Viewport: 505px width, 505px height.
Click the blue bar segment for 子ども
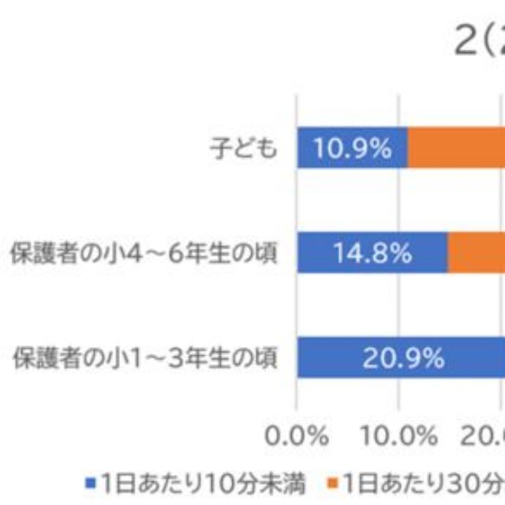352,148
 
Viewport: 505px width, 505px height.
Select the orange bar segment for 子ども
456,148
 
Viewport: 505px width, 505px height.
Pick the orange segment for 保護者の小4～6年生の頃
477,253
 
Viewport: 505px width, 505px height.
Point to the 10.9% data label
352,148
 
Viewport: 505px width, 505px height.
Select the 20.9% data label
403,358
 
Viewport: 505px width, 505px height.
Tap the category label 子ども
244,148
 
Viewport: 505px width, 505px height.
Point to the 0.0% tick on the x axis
296,436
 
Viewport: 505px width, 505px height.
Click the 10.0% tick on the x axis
402,436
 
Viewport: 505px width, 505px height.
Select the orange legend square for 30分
332,481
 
